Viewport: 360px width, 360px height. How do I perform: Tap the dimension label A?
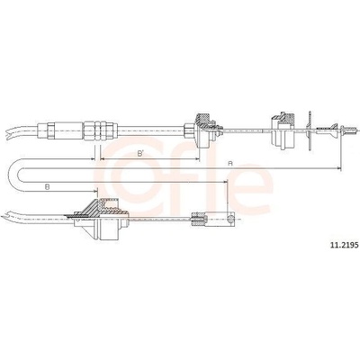[230, 164]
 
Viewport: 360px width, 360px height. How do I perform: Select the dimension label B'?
[140, 154]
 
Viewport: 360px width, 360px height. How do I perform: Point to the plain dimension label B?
[47, 186]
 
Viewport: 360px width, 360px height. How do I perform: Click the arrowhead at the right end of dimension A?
[339, 168]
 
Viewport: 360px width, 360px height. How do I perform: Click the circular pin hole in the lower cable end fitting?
[230, 219]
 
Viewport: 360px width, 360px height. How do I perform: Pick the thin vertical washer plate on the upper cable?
[310, 130]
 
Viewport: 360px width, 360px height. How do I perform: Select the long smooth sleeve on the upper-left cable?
[68, 130]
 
